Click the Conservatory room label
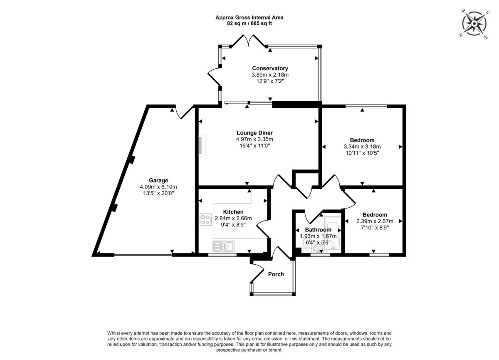coord(270,68)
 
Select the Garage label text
coord(158,180)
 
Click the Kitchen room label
coord(233,212)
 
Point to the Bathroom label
coord(318,230)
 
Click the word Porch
coord(276,274)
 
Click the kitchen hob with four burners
coord(206,219)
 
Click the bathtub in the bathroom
coord(333,234)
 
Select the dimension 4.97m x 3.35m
coord(254,139)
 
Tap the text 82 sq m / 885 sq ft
coord(249,23)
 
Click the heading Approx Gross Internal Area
coord(249,17)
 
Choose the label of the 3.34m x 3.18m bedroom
coord(362,140)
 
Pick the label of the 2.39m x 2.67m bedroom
coord(375,215)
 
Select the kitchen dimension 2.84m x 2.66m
coord(233,218)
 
